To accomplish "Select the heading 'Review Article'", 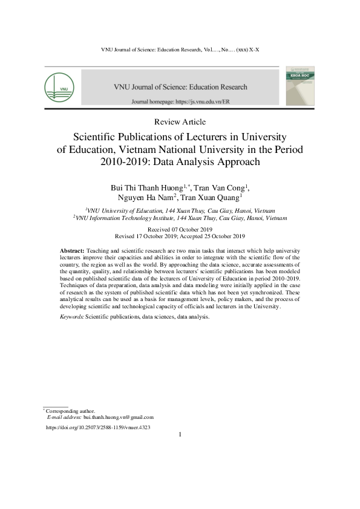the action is coord(180,122).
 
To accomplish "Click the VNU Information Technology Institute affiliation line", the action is coord(180,217).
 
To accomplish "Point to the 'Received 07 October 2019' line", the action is coord(180,229).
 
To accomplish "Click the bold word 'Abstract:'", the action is coord(73,250).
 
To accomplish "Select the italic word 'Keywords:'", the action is coord(72,316).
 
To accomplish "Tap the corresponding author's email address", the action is coord(119,417).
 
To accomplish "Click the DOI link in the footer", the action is coord(98,427).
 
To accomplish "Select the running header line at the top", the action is coord(180,48).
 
